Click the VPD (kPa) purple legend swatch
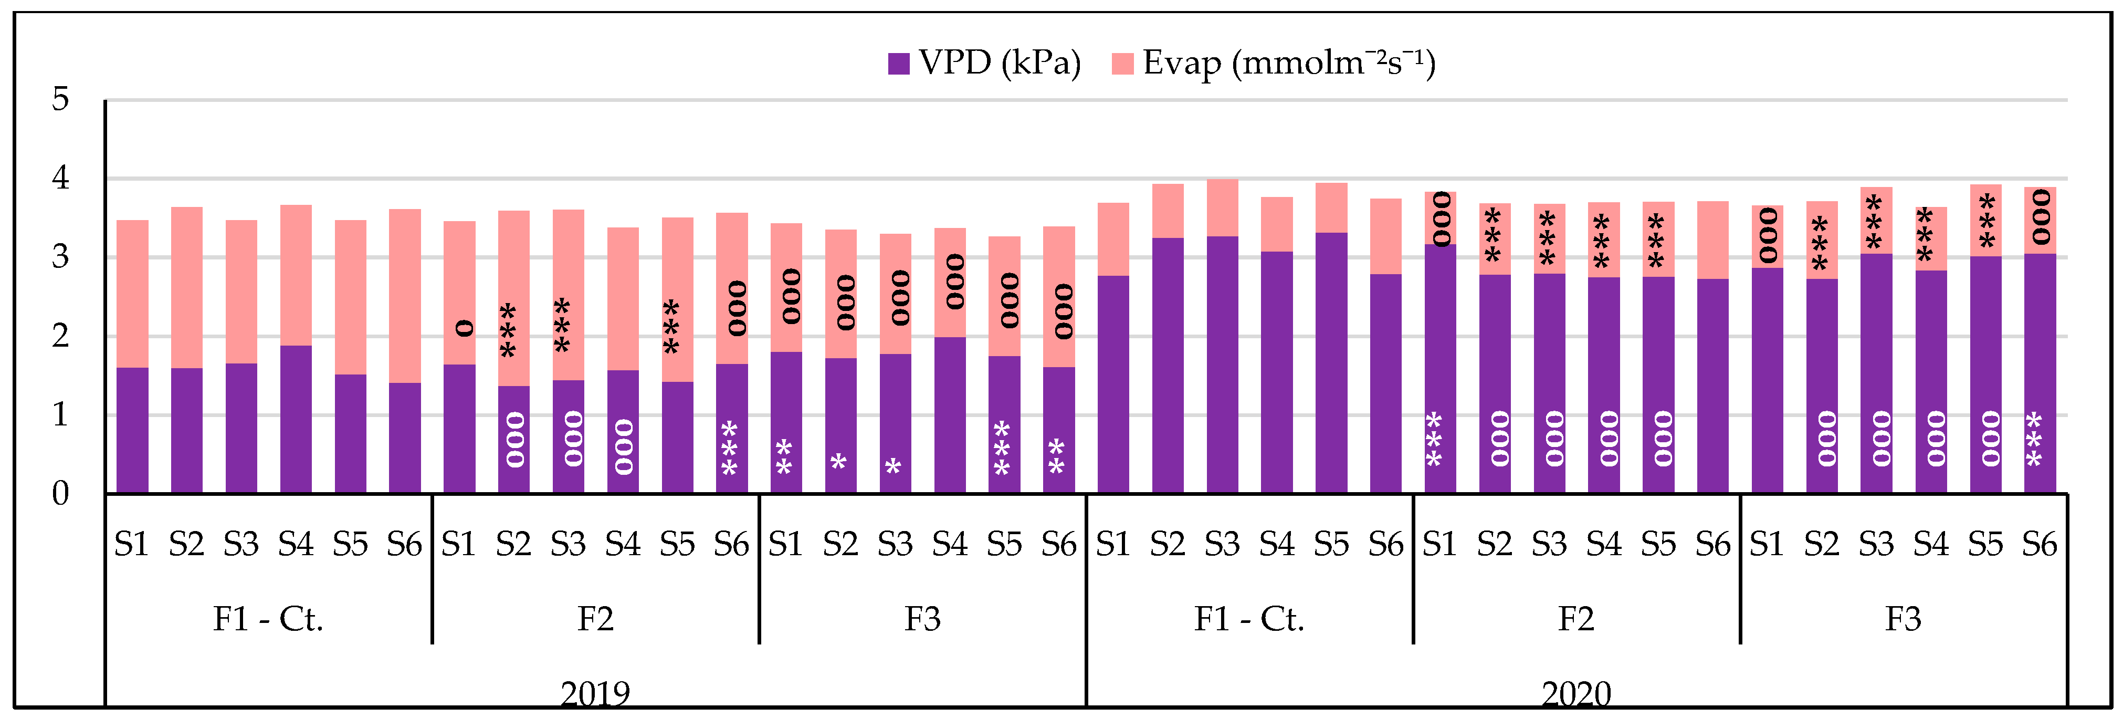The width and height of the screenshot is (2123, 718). pos(898,64)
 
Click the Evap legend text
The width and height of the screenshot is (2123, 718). pos(1289,64)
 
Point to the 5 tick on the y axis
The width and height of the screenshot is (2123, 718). pos(60,100)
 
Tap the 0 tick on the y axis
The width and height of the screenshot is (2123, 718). pos(60,494)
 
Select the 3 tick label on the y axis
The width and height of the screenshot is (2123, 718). pos(60,257)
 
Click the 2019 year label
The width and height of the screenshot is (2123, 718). pos(595,693)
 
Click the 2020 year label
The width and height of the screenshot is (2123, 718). pos(1576,693)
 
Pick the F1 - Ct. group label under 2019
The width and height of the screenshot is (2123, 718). pos(268,618)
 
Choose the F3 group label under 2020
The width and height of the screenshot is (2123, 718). pos(1903,618)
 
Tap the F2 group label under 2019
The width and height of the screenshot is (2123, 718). pos(595,618)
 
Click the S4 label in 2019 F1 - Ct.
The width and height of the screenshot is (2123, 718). pos(295,544)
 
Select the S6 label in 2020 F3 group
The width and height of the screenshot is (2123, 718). pos(2039,544)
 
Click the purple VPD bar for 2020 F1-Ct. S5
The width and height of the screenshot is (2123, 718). pos(1331,363)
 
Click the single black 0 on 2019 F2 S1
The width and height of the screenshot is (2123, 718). pos(465,329)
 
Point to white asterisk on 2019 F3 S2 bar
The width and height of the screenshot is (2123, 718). pos(839,462)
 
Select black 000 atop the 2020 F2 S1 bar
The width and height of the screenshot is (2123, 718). pos(1441,218)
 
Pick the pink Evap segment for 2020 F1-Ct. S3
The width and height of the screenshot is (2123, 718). pos(1222,208)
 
